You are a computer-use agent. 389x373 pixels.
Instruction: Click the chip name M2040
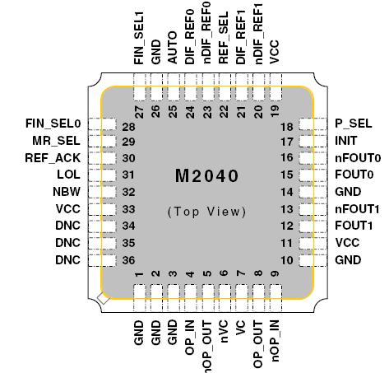206,177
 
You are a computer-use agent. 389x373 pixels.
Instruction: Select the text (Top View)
206,212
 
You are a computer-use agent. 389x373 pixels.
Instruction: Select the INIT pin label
345,141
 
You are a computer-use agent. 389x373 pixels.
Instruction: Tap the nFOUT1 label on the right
356,209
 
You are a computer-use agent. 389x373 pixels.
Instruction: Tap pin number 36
128,261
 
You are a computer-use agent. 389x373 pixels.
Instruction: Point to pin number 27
138,110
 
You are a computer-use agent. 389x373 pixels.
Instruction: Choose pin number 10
286,261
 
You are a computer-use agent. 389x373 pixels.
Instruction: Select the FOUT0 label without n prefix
354,175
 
